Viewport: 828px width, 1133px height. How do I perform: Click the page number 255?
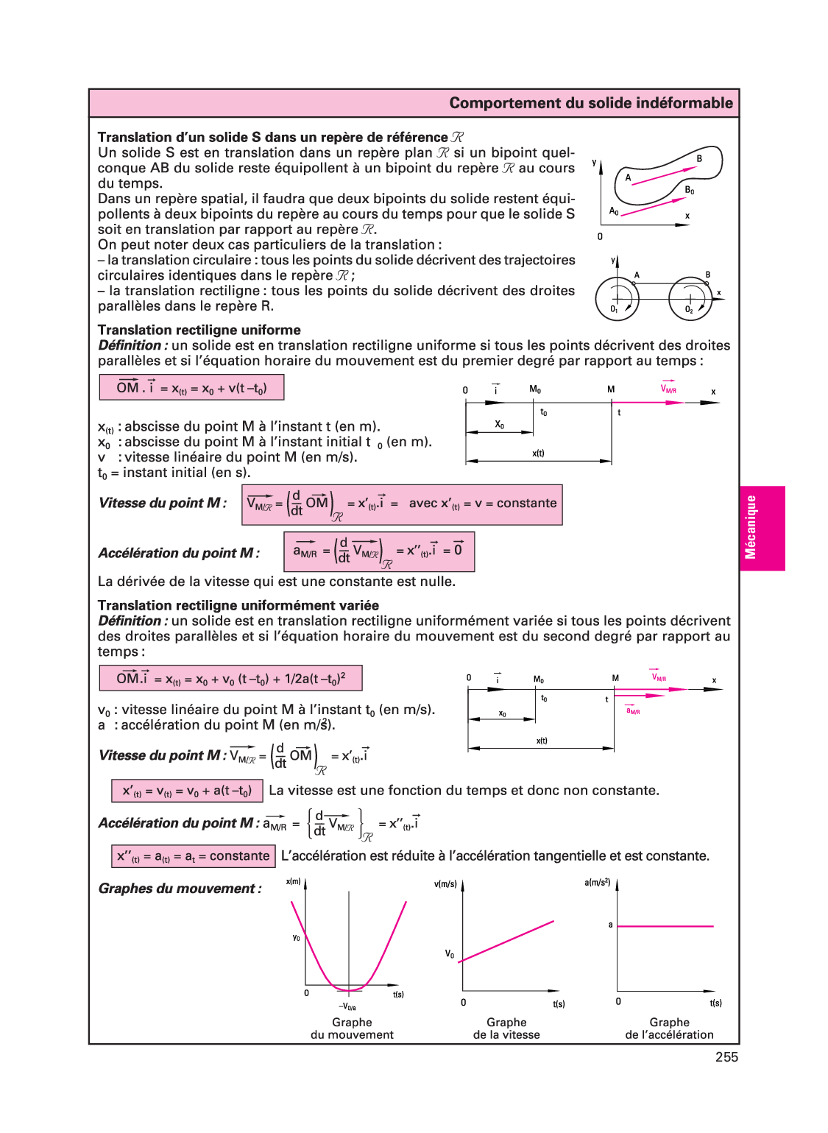tap(726, 1057)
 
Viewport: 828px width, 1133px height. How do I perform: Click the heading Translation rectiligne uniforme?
tap(199, 330)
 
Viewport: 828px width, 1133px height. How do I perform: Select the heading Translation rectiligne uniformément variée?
tap(238, 605)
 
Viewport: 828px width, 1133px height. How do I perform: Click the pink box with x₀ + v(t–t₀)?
tap(191, 388)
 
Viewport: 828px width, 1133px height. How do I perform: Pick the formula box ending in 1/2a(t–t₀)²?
tap(230, 678)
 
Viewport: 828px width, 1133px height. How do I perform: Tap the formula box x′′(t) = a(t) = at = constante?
tap(193, 856)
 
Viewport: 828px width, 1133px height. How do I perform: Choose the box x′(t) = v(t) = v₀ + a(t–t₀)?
tap(187, 791)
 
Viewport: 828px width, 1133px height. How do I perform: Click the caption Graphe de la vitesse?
tap(506, 1028)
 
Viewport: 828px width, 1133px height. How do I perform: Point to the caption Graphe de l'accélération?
tap(669, 1028)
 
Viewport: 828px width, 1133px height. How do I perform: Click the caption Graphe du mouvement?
tap(352, 1028)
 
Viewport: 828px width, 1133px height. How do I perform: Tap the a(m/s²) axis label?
tap(597, 882)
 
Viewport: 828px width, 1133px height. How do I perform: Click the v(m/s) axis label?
tap(445, 884)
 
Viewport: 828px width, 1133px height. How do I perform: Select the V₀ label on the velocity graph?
tap(449, 954)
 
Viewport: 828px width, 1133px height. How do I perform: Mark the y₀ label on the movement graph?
tap(296, 937)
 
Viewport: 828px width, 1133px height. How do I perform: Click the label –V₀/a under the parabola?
tap(347, 1007)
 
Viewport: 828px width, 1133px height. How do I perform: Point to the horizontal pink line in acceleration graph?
tap(665, 926)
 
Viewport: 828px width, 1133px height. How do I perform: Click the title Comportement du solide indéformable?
tap(591, 103)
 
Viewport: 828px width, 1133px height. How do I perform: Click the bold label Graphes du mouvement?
tap(180, 889)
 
